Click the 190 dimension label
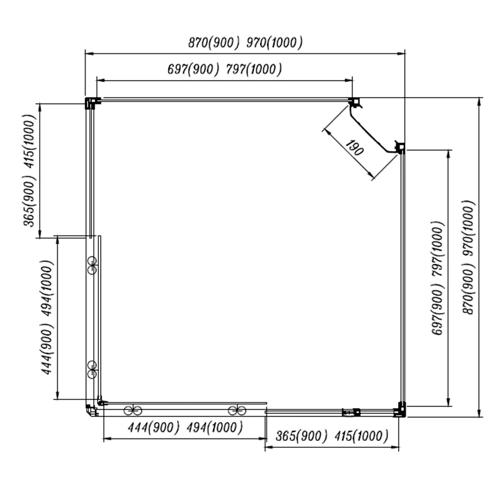pos(355,147)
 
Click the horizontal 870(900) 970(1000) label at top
pos(245,42)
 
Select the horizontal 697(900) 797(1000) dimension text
pos(225,69)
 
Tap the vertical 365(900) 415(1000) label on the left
pos(30,171)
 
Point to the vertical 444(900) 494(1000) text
pos(47,318)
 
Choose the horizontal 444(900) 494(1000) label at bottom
pos(185,428)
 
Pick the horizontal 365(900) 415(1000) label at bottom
pos(332,436)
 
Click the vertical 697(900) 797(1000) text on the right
pos(438,278)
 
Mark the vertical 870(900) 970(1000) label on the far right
pos(468,258)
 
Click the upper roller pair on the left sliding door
pos(92,265)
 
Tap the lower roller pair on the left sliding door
pos(92,369)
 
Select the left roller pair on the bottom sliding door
pos(133,411)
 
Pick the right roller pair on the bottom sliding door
pos(237,411)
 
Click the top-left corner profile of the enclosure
pos(91,103)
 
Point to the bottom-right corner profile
pos(400,410)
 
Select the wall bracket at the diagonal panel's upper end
pos(355,103)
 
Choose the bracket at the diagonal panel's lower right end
pos(400,148)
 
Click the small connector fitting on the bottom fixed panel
pos(352,413)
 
